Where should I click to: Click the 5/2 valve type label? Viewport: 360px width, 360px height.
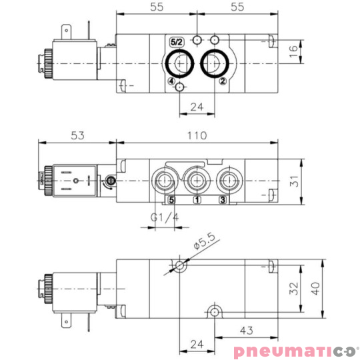pos(177,42)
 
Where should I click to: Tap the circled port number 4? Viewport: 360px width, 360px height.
pos(171,81)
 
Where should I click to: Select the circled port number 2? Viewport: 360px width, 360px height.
pos(223,81)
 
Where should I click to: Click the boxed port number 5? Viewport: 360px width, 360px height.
pos(171,200)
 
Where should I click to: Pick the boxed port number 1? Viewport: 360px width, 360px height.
pos(197,200)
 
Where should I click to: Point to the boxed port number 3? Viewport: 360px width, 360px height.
pos(223,200)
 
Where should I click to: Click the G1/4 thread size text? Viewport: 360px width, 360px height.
pos(165,217)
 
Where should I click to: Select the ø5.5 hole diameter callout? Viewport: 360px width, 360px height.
pos(204,241)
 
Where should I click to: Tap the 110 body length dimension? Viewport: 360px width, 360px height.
pos(197,135)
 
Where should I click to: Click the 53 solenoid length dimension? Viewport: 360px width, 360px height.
pos(77,135)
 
